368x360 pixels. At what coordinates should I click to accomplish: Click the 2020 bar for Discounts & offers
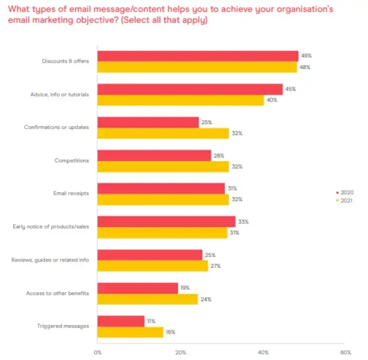[198, 56]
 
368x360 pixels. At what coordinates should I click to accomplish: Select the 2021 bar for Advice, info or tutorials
[180, 100]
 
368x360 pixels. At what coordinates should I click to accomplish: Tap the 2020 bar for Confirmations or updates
[148, 123]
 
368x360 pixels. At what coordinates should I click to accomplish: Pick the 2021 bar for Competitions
[163, 167]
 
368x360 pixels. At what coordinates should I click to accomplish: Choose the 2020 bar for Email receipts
[161, 188]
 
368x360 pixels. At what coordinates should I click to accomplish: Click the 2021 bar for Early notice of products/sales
[162, 233]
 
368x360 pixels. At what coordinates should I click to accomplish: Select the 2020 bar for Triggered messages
[121, 321]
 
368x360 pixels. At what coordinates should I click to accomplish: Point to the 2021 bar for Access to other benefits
[148, 299]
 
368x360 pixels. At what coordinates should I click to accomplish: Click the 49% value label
[306, 56]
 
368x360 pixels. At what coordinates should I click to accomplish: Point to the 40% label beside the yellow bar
[272, 100]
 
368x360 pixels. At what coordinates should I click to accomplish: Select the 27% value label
[216, 266]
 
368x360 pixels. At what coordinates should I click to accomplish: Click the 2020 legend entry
[346, 192]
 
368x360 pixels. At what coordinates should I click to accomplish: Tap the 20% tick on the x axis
[181, 351]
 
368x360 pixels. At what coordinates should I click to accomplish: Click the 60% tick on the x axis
[345, 351]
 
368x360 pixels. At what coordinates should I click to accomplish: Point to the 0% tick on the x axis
[99, 351]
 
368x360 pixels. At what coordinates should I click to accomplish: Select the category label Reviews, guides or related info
[50, 260]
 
